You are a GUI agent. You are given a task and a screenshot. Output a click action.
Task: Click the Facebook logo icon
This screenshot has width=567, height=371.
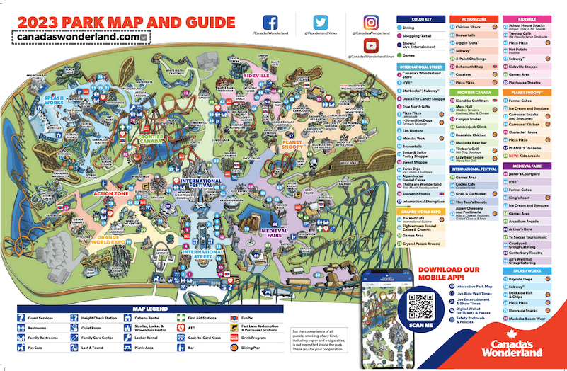click(x=271, y=22)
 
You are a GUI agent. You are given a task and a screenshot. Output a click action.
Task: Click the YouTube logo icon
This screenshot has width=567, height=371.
click(x=371, y=45)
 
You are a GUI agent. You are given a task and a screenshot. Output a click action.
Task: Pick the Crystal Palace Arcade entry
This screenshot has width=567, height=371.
click(x=421, y=243)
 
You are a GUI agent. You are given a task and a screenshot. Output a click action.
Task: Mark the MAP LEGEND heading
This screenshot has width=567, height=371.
click(x=150, y=309)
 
